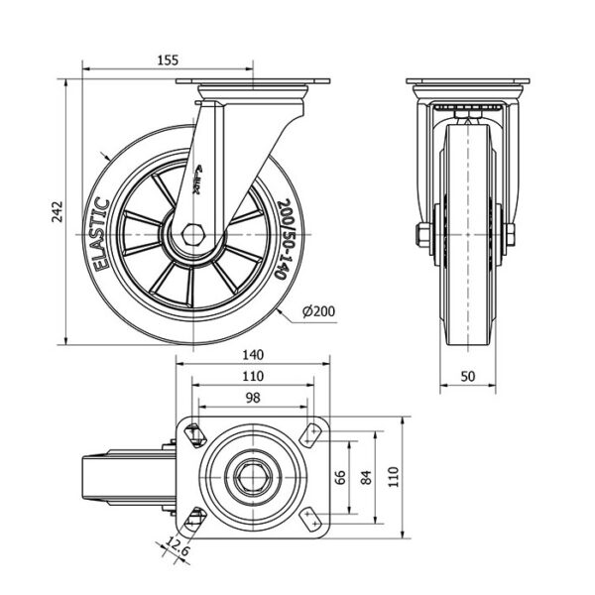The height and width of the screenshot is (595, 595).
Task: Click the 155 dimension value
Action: (x=168, y=60)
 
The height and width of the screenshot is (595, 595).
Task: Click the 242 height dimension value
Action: (x=59, y=210)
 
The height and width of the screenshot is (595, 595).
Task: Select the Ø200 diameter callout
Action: (x=317, y=311)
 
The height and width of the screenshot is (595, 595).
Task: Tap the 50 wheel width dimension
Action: (x=467, y=377)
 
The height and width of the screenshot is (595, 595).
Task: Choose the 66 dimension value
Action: (x=339, y=480)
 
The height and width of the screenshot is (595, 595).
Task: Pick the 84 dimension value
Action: (x=366, y=480)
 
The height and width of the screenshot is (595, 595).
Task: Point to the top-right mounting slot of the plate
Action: (x=314, y=432)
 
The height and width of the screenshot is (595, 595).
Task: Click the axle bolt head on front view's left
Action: (x=420, y=235)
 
